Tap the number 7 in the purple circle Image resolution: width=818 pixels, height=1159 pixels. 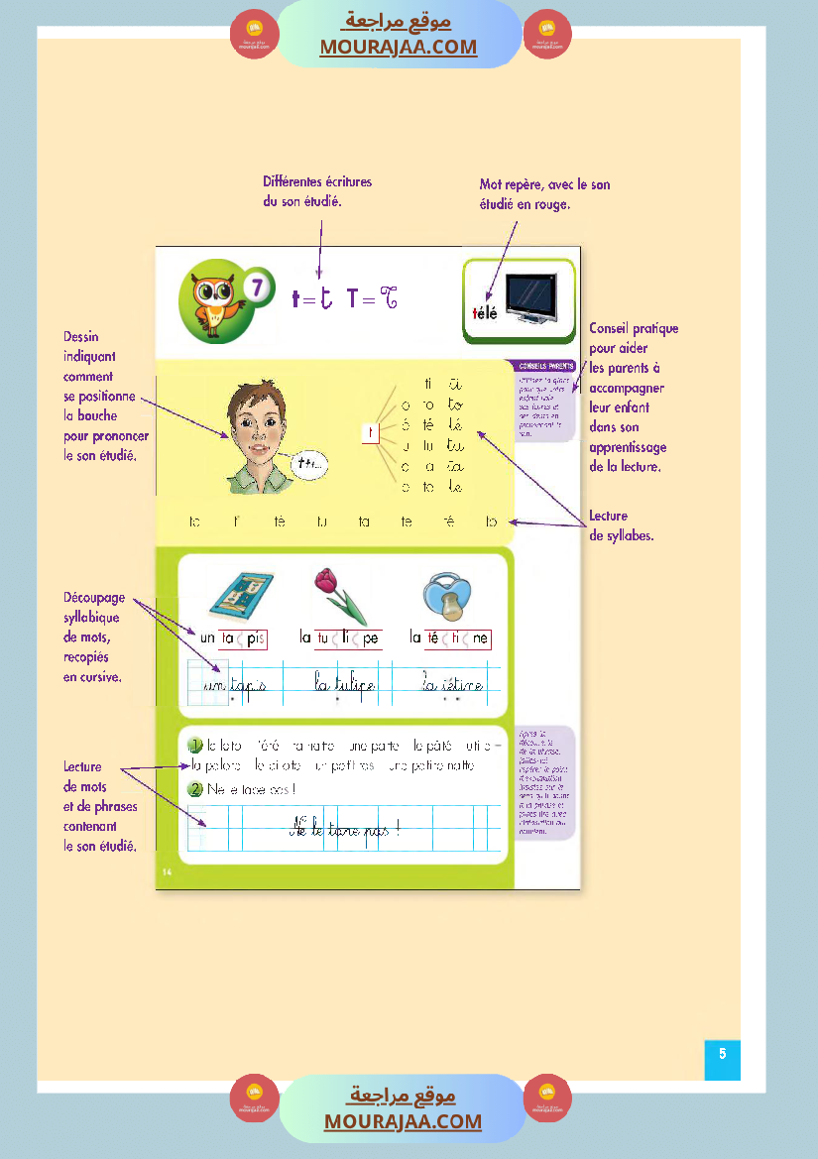(257, 289)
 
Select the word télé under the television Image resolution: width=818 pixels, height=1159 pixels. (484, 313)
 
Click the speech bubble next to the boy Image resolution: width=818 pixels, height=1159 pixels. (312, 462)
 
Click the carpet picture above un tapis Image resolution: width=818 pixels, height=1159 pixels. (238, 597)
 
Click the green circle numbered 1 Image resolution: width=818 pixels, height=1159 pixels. (195, 746)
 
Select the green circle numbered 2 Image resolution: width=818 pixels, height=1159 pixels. (195, 789)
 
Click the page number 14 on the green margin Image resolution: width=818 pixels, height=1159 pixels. (167, 871)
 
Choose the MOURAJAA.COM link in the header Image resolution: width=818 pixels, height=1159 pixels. (399, 47)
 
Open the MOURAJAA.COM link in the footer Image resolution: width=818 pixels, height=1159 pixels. (403, 1121)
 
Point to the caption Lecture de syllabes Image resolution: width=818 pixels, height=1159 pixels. (621, 525)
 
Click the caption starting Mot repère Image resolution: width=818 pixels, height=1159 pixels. (544, 194)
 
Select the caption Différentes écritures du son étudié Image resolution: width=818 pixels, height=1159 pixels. (317, 191)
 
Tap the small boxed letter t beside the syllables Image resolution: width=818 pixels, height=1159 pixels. (369, 432)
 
